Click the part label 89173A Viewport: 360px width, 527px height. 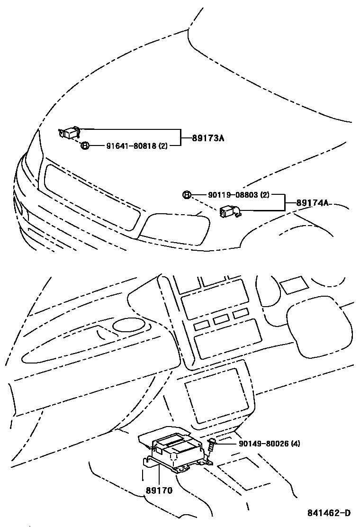pyautogui.click(x=208, y=138)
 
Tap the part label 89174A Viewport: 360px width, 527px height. pyautogui.click(x=312, y=203)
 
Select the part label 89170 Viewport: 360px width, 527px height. pyautogui.click(x=159, y=491)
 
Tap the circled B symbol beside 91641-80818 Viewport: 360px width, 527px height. pyautogui.click(x=84, y=145)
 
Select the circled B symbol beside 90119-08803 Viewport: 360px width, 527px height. pyautogui.click(x=187, y=195)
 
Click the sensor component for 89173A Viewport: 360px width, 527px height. pyautogui.click(x=70, y=133)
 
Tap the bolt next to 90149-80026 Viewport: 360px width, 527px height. pyautogui.click(x=211, y=445)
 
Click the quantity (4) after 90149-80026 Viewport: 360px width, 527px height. pyautogui.click(x=295, y=444)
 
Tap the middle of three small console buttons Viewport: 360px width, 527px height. pyautogui.click(x=221, y=319)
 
